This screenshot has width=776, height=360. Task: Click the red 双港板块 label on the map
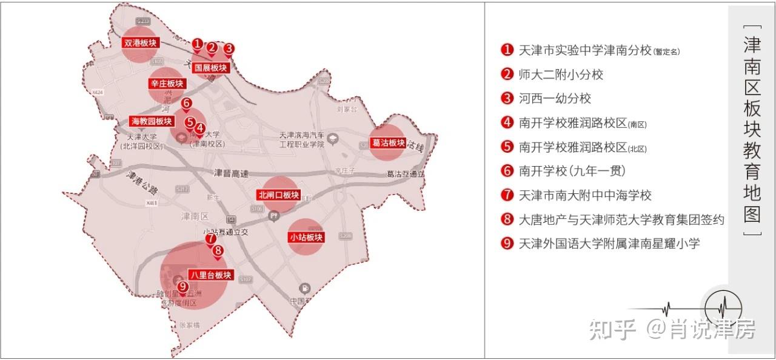(140, 43)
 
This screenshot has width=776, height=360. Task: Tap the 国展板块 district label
(210, 68)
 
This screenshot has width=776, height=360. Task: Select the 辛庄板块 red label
(167, 84)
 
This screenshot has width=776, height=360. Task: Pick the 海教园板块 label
(152, 121)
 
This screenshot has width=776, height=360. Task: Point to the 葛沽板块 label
(387, 143)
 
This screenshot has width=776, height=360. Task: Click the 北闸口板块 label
(279, 195)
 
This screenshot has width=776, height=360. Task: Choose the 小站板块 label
(306, 237)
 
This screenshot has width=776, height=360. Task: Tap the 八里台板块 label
(210, 275)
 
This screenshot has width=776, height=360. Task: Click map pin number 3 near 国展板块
(229, 48)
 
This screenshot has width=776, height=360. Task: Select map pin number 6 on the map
(186, 104)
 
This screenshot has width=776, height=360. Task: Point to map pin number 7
(210, 239)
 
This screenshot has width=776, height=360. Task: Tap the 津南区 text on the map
(195, 216)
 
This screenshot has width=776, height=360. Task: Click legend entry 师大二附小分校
(561, 75)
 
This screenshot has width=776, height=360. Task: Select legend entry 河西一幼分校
(555, 98)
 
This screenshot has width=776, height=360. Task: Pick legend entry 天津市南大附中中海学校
(585, 195)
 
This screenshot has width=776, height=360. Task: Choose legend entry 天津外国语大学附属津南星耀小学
(609, 244)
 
